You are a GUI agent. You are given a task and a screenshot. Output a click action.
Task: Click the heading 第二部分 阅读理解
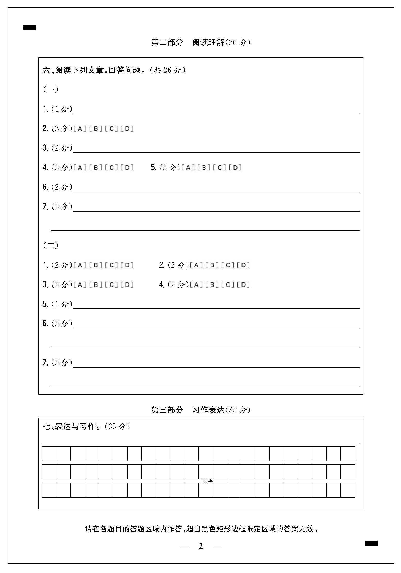click(201, 42)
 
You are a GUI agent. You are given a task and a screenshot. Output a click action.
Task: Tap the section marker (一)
click(51, 89)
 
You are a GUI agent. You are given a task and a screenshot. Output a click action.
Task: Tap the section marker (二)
click(51, 245)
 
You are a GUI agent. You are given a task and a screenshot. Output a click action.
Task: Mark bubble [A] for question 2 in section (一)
click(80, 128)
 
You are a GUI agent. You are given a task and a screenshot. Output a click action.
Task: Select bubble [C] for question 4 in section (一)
click(112, 168)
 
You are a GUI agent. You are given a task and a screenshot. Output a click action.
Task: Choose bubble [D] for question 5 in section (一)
click(236, 168)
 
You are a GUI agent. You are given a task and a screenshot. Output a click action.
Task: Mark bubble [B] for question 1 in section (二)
click(96, 265)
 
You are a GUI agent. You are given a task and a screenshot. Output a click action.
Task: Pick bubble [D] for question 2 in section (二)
click(244, 265)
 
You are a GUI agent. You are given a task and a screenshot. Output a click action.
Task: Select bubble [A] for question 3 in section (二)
click(80, 284)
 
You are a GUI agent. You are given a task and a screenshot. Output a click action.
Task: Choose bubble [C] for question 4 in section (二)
click(228, 284)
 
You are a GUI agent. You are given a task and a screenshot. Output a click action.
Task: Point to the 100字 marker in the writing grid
click(207, 481)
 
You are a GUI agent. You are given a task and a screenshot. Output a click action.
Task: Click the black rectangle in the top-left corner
click(30, 28)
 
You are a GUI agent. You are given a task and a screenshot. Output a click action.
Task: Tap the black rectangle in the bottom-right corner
click(371, 543)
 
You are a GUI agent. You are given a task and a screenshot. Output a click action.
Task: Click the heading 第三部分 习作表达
click(201, 410)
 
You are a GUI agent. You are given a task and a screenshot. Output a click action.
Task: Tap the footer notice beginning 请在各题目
click(202, 529)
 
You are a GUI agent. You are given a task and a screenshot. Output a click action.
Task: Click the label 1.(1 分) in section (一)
click(57, 109)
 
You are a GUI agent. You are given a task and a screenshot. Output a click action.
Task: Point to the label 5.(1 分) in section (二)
click(57, 304)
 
